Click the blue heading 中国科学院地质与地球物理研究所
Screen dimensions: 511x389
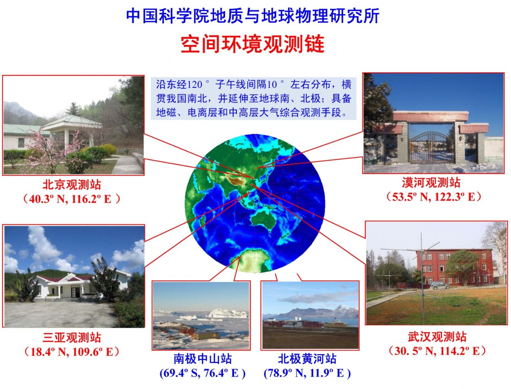click(x=253, y=16)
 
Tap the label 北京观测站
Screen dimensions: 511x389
click(x=72, y=184)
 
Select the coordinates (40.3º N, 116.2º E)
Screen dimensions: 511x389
click(x=72, y=199)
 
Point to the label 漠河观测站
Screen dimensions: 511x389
click(x=431, y=183)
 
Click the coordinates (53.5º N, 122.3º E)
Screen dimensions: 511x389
click(x=434, y=197)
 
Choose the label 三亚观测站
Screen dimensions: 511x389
click(x=72, y=337)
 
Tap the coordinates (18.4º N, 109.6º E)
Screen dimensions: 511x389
click(x=72, y=352)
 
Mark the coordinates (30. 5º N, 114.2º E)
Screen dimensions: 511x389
click(x=437, y=351)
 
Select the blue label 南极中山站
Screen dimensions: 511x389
click(x=202, y=359)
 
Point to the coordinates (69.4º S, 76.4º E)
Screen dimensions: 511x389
click(x=202, y=373)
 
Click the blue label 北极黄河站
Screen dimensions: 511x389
click(x=307, y=359)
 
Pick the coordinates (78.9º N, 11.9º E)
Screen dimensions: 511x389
click(x=307, y=373)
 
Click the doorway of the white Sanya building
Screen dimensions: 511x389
click(x=75, y=292)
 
